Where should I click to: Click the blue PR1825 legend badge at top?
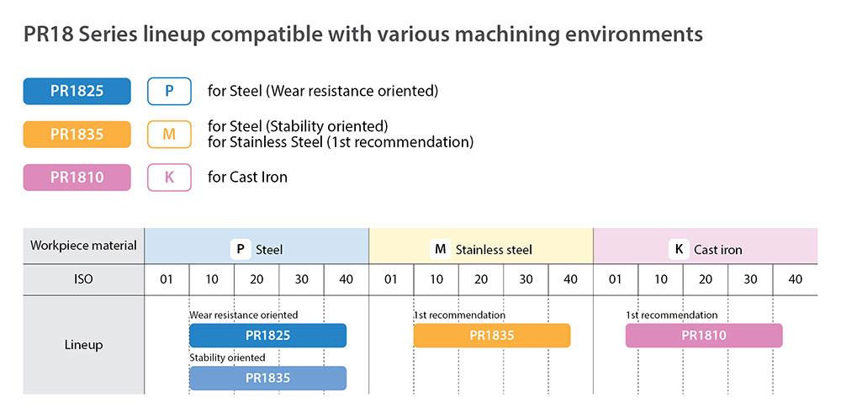click(x=77, y=91)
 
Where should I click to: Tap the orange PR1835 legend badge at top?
click(x=77, y=134)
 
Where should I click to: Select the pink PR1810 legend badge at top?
click(x=77, y=177)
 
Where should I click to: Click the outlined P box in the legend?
click(x=169, y=91)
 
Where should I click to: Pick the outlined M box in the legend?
click(x=169, y=134)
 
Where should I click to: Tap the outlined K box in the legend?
click(x=169, y=177)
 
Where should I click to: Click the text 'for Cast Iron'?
click(x=247, y=177)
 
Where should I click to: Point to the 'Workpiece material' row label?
click(x=83, y=246)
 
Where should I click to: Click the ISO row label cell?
click(x=83, y=279)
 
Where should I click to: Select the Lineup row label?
click(x=83, y=345)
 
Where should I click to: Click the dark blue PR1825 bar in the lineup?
click(x=267, y=336)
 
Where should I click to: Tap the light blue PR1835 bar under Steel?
click(x=267, y=379)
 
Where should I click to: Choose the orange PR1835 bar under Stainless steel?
click(x=492, y=336)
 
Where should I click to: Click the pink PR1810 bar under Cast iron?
click(x=704, y=336)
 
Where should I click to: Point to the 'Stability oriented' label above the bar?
click(x=227, y=358)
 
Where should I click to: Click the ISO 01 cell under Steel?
click(x=167, y=279)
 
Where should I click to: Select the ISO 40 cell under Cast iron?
click(x=796, y=279)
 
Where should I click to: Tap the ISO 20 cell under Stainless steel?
click(x=481, y=279)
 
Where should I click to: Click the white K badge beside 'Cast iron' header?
click(x=679, y=250)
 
